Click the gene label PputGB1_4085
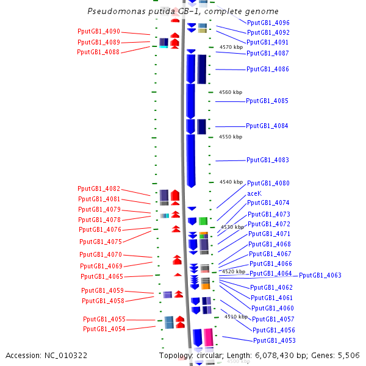267,101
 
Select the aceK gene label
254,193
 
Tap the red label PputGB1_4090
99,31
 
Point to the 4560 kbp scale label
231,92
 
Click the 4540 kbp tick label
231,182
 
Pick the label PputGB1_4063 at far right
320,275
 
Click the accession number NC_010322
66,356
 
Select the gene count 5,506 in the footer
349,356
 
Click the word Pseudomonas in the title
117,11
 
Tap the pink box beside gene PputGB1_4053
209,337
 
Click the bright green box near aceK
203,221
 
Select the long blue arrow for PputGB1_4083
191,161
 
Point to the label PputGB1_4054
104,329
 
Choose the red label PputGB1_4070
101,254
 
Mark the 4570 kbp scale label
231,47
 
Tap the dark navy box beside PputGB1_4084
202,127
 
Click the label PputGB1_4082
99,188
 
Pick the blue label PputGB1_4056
274,330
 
